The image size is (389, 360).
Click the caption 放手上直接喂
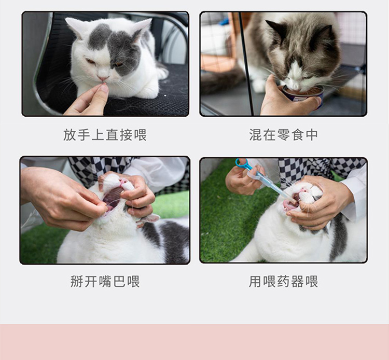point(105,135)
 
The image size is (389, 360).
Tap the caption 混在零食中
point(283,135)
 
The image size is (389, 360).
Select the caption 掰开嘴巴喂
point(105,281)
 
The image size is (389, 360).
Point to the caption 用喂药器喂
point(283,281)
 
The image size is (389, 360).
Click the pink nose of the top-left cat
point(103,79)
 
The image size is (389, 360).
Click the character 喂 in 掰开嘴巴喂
point(134,281)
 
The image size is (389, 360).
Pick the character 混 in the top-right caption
point(255,135)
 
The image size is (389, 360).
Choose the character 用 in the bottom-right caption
point(255,281)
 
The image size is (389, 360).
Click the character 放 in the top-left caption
point(69,135)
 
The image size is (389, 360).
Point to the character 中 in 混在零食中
point(312,135)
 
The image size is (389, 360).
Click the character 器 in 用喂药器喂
point(298,281)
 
